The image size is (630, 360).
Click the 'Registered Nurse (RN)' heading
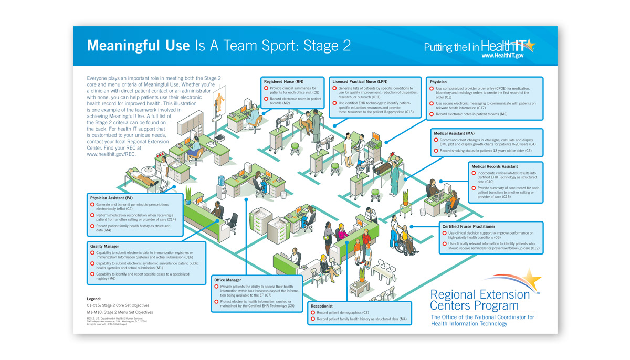pyautogui.click(x=283, y=82)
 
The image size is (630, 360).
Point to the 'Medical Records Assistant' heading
pyautogui.click(x=495, y=166)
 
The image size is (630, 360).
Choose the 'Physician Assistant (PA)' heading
pyautogui.click(x=111, y=198)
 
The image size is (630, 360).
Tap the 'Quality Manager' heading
pyautogui.click(x=104, y=246)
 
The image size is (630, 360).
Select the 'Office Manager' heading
pyautogui.click(x=227, y=280)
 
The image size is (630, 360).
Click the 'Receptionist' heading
pyautogui.click(x=322, y=305)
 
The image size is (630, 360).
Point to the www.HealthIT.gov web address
pyautogui.click(x=502, y=55)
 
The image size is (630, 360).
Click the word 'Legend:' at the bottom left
pyautogui.click(x=94, y=299)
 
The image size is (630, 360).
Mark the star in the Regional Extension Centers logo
pyautogui.click(x=532, y=280)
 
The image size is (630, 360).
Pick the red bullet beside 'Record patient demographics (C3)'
pyautogui.click(x=313, y=313)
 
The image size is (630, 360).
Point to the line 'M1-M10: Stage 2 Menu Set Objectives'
pyautogui.click(x=120, y=312)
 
